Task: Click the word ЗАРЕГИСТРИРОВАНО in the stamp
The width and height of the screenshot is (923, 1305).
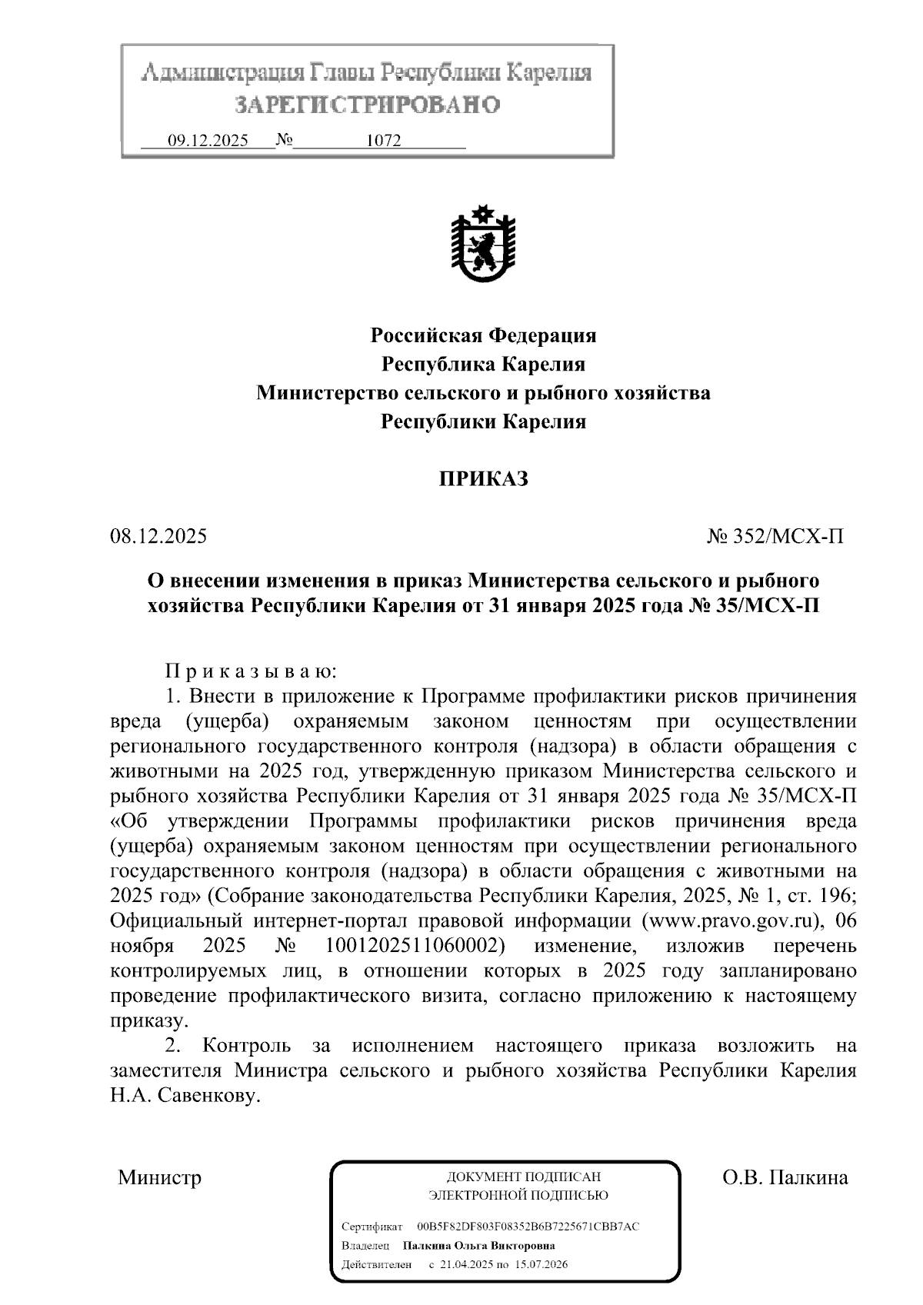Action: [x=367, y=105]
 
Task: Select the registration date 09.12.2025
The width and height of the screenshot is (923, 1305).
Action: [x=208, y=141]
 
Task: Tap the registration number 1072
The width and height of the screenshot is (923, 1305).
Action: [x=384, y=141]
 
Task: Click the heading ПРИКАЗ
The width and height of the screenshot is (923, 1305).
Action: [x=484, y=479]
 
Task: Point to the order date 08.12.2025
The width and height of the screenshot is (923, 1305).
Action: [x=158, y=536]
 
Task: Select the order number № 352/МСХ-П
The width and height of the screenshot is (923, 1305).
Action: [x=775, y=536]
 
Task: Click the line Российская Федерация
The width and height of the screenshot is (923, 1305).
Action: [x=484, y=335]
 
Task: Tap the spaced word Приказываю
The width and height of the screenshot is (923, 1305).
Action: [x=251, y=671]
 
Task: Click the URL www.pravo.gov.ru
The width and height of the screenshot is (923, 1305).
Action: [x=733, y=920]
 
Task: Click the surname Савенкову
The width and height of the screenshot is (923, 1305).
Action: [x=206, y=1096]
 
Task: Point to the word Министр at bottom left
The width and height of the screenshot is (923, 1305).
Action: [x=159, y=1177]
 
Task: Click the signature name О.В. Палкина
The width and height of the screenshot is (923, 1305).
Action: [x=785, y=1177]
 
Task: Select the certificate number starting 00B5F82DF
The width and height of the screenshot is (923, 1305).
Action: [x=528, y=1227]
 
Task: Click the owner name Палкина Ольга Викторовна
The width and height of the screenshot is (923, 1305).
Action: [x=478, y=1246]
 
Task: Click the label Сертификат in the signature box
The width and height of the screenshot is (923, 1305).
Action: [x=372, y=1227]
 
